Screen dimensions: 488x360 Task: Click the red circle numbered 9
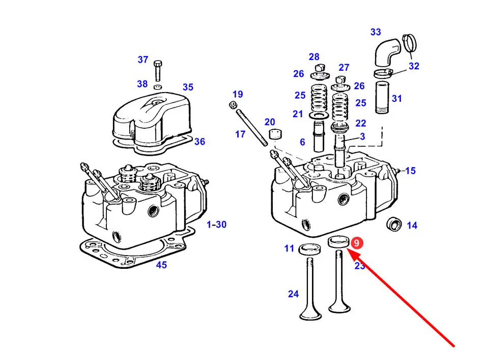point(357,243)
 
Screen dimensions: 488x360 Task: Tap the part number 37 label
point(143,60)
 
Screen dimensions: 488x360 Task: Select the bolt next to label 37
point(158,71)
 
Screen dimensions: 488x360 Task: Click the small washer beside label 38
point(158,86)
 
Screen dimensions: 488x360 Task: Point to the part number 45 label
point(161,265)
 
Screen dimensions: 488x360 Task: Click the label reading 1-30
point(217,225)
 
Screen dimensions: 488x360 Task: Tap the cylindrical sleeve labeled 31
point(382,97)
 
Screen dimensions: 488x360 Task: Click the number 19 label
point(238,94)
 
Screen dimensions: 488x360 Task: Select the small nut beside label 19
point(232,105)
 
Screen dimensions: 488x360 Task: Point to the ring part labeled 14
point(394,224)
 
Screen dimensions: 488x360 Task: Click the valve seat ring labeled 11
point(308,250)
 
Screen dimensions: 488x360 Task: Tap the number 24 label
point(294,294)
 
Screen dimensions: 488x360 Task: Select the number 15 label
point(410,171)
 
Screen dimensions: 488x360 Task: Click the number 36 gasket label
point(200,142)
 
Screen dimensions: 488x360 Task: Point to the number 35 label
point(188,87)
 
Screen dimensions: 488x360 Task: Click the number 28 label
point(314,57)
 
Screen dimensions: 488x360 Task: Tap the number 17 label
point(240,134)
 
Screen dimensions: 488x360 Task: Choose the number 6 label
point(302,142)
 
